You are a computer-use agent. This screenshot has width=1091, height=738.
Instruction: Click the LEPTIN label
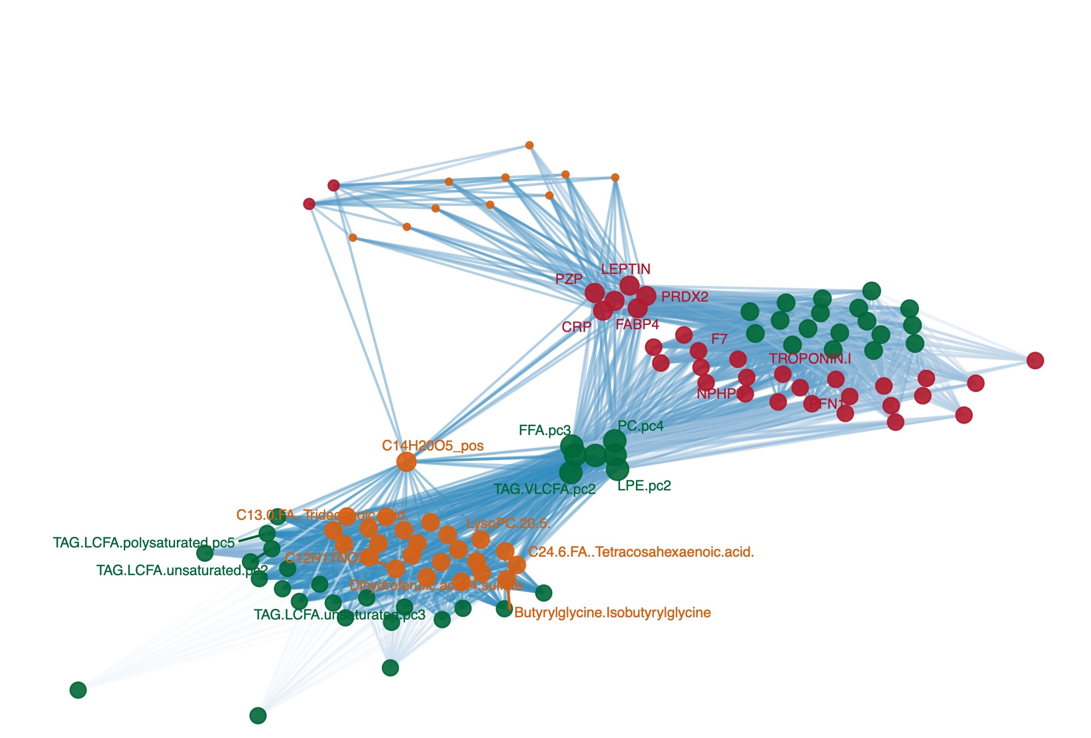pyautogui.click(x=625, y=269)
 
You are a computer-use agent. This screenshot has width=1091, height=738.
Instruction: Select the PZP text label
pyautogui.click(x=568, y=279)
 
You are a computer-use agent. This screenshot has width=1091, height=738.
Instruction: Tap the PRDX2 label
pyautogui.click(x=685, y=297)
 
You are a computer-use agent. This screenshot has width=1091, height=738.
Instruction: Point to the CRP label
pyautogui.click(x=576, y=327)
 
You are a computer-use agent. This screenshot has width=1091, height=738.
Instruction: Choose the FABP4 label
pyautogui.click(x=637, y=324)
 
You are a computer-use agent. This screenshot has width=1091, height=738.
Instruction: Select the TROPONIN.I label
pyautogui.click(x=810, y=359)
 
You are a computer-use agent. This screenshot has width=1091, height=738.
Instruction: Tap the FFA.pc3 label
pyautogui.click(x=545, y=430)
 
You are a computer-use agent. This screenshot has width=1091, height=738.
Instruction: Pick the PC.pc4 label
pyautogui.click(x=640, y=426)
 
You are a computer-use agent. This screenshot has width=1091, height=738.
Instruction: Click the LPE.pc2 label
pyautogui.click(x=644, y=486)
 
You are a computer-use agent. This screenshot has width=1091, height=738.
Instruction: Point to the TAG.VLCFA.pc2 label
pyautogui.click(x=545, y=490)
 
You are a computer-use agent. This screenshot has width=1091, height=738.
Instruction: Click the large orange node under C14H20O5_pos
pyautogui.click(x=406, y=462)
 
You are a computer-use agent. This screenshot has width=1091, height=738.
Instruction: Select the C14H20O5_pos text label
pyautogui.click(x=432, y=446)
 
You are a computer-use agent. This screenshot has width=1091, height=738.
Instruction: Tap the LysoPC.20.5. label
pyautogui.click(x=508, y=523)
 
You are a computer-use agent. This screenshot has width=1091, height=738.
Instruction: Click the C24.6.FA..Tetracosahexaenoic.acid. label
pyautogui.click(x=641, y=552)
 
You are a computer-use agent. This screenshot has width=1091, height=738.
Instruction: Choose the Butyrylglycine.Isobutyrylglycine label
pyautogui.click(x=612, y=612)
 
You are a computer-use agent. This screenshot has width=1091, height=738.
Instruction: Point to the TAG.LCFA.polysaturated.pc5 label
pyautogui.click(x=144, y=543)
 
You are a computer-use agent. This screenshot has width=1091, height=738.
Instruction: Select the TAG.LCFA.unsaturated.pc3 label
pyautogui.click(x=339, y=615)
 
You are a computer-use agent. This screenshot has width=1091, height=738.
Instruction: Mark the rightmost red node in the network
pyautogui.click(x=1035, y=360)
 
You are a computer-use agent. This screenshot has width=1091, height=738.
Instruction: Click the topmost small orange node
pyautogui.click(x=529, y=145)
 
